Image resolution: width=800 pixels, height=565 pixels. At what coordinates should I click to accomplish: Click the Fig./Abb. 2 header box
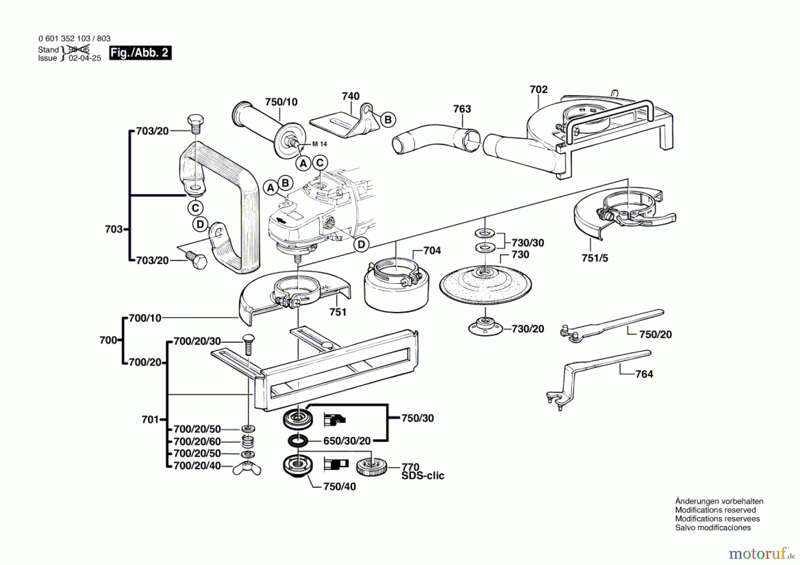140,53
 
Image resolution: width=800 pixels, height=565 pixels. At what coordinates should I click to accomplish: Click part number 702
538,89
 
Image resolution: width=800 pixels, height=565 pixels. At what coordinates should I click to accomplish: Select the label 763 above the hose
462,109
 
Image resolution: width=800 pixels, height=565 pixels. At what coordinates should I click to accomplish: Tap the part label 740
350,96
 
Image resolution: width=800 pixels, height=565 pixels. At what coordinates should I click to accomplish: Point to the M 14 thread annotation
320,144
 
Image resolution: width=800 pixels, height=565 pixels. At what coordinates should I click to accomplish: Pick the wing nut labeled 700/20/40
247,468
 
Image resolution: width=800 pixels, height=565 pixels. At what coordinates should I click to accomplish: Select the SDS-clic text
423,476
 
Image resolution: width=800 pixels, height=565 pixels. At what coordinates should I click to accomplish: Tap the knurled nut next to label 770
372,466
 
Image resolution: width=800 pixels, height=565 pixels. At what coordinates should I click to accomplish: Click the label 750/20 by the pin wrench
655,334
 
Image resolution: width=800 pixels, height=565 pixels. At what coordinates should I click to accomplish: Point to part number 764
644,374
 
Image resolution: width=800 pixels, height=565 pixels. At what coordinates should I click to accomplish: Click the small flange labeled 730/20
485,327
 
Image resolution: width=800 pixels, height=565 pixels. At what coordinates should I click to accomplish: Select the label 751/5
595,258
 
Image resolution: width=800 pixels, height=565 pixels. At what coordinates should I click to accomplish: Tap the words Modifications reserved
715,510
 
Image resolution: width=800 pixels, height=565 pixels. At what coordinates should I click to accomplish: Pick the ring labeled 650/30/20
298,441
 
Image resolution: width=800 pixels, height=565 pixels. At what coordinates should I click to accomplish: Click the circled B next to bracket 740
388,119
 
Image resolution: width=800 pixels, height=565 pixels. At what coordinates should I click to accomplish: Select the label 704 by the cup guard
432,251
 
